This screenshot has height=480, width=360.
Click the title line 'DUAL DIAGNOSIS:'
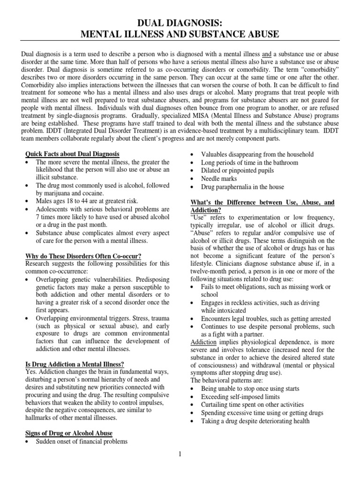(180, 22)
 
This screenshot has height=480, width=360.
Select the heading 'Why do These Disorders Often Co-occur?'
(83, 256)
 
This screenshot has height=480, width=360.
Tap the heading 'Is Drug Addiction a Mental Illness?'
(77, 364)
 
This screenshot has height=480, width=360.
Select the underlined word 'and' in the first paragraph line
(267, 54)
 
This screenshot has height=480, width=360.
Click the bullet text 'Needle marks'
(219, 179)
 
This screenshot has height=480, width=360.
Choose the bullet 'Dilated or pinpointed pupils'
(237, 171)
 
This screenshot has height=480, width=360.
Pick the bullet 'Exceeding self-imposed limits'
(240, 397)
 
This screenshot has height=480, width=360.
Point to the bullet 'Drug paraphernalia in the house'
(242, 187)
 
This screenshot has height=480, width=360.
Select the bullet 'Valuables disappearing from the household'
(257, 154)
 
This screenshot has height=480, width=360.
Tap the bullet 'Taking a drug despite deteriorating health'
(255, 421)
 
